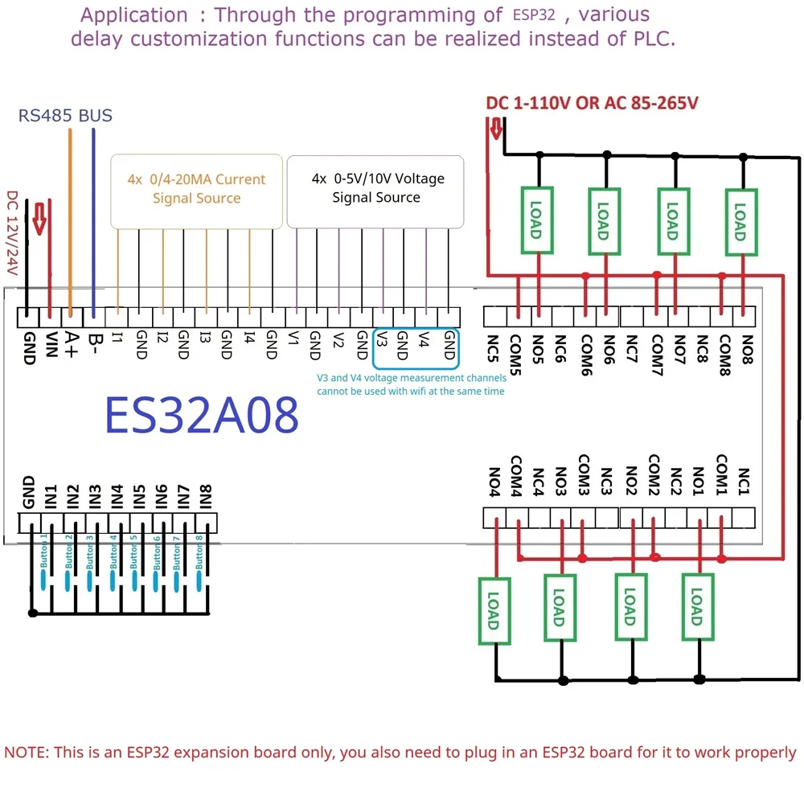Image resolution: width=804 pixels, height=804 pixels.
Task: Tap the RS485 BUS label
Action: coord(65,116)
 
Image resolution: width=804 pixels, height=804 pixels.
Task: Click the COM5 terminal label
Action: coord(515,352)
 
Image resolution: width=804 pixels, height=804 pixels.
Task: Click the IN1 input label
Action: coord(51,492)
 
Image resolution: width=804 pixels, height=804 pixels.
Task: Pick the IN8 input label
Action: coord(205,492)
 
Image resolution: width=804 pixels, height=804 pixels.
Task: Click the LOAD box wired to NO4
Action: coord(494,611)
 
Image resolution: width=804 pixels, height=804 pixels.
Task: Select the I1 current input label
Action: coord(118,339)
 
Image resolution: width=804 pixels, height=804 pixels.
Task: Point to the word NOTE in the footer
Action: coord(26,753)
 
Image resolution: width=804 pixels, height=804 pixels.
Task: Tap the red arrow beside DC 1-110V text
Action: coord(496,127)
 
